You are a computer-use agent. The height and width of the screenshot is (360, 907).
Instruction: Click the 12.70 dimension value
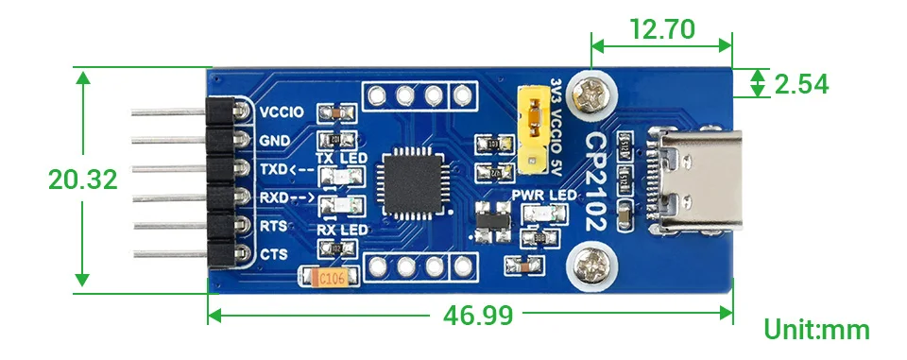point(661,28)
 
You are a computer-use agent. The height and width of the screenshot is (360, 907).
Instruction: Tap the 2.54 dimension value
point(801,84)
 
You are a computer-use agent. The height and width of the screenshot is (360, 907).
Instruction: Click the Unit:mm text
point(816,330)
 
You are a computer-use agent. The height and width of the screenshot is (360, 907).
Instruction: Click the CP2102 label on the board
point(597,180)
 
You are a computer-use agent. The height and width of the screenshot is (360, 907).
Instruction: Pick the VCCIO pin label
point(282,111)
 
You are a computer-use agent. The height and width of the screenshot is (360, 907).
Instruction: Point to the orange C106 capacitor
point(328,277)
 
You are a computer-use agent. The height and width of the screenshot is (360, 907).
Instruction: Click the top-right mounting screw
point(597,94)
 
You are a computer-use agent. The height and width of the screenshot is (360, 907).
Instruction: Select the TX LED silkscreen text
point(340,158)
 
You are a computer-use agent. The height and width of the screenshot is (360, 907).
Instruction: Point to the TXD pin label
point(275,169)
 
